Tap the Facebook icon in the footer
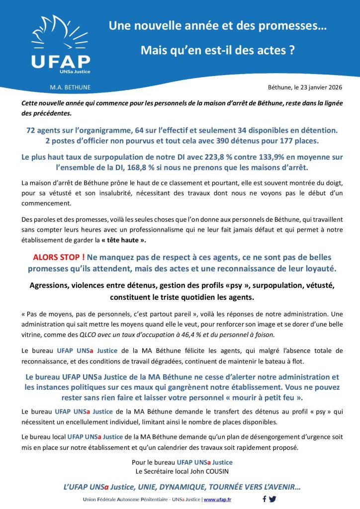pos(264,499)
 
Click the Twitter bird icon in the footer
pos(272,499)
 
